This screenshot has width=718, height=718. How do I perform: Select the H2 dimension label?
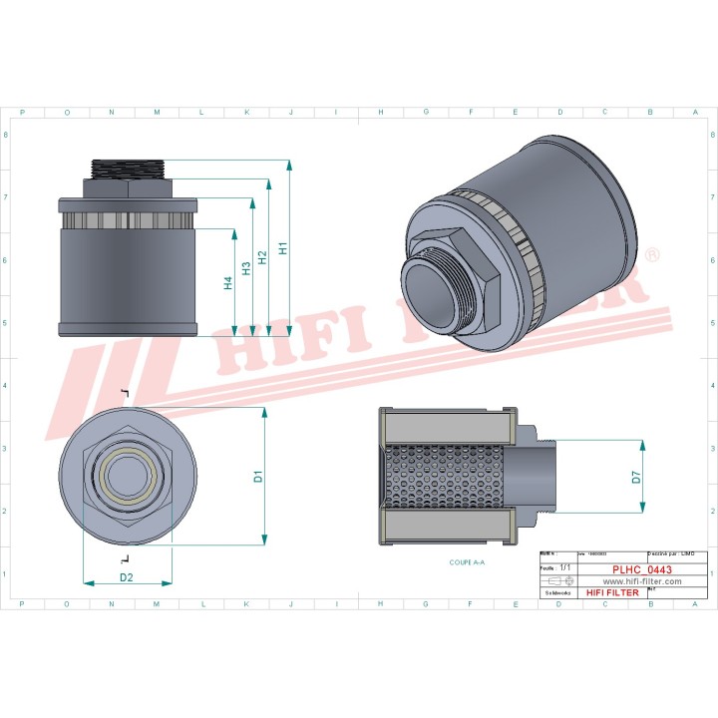[262, 257]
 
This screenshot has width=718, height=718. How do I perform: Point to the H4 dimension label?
[228, 283]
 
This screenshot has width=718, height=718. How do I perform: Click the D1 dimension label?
[257, 477]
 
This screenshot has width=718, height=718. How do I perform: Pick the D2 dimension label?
[127, 577]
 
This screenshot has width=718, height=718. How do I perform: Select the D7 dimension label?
[636, 478]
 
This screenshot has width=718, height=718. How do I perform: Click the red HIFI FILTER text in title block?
[609, 592]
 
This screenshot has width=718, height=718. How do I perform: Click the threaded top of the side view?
[129, 167]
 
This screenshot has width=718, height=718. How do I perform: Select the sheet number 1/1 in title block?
[565, 566]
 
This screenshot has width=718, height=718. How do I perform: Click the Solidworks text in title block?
[555, 592]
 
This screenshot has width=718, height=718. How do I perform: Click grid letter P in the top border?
[22, 113]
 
